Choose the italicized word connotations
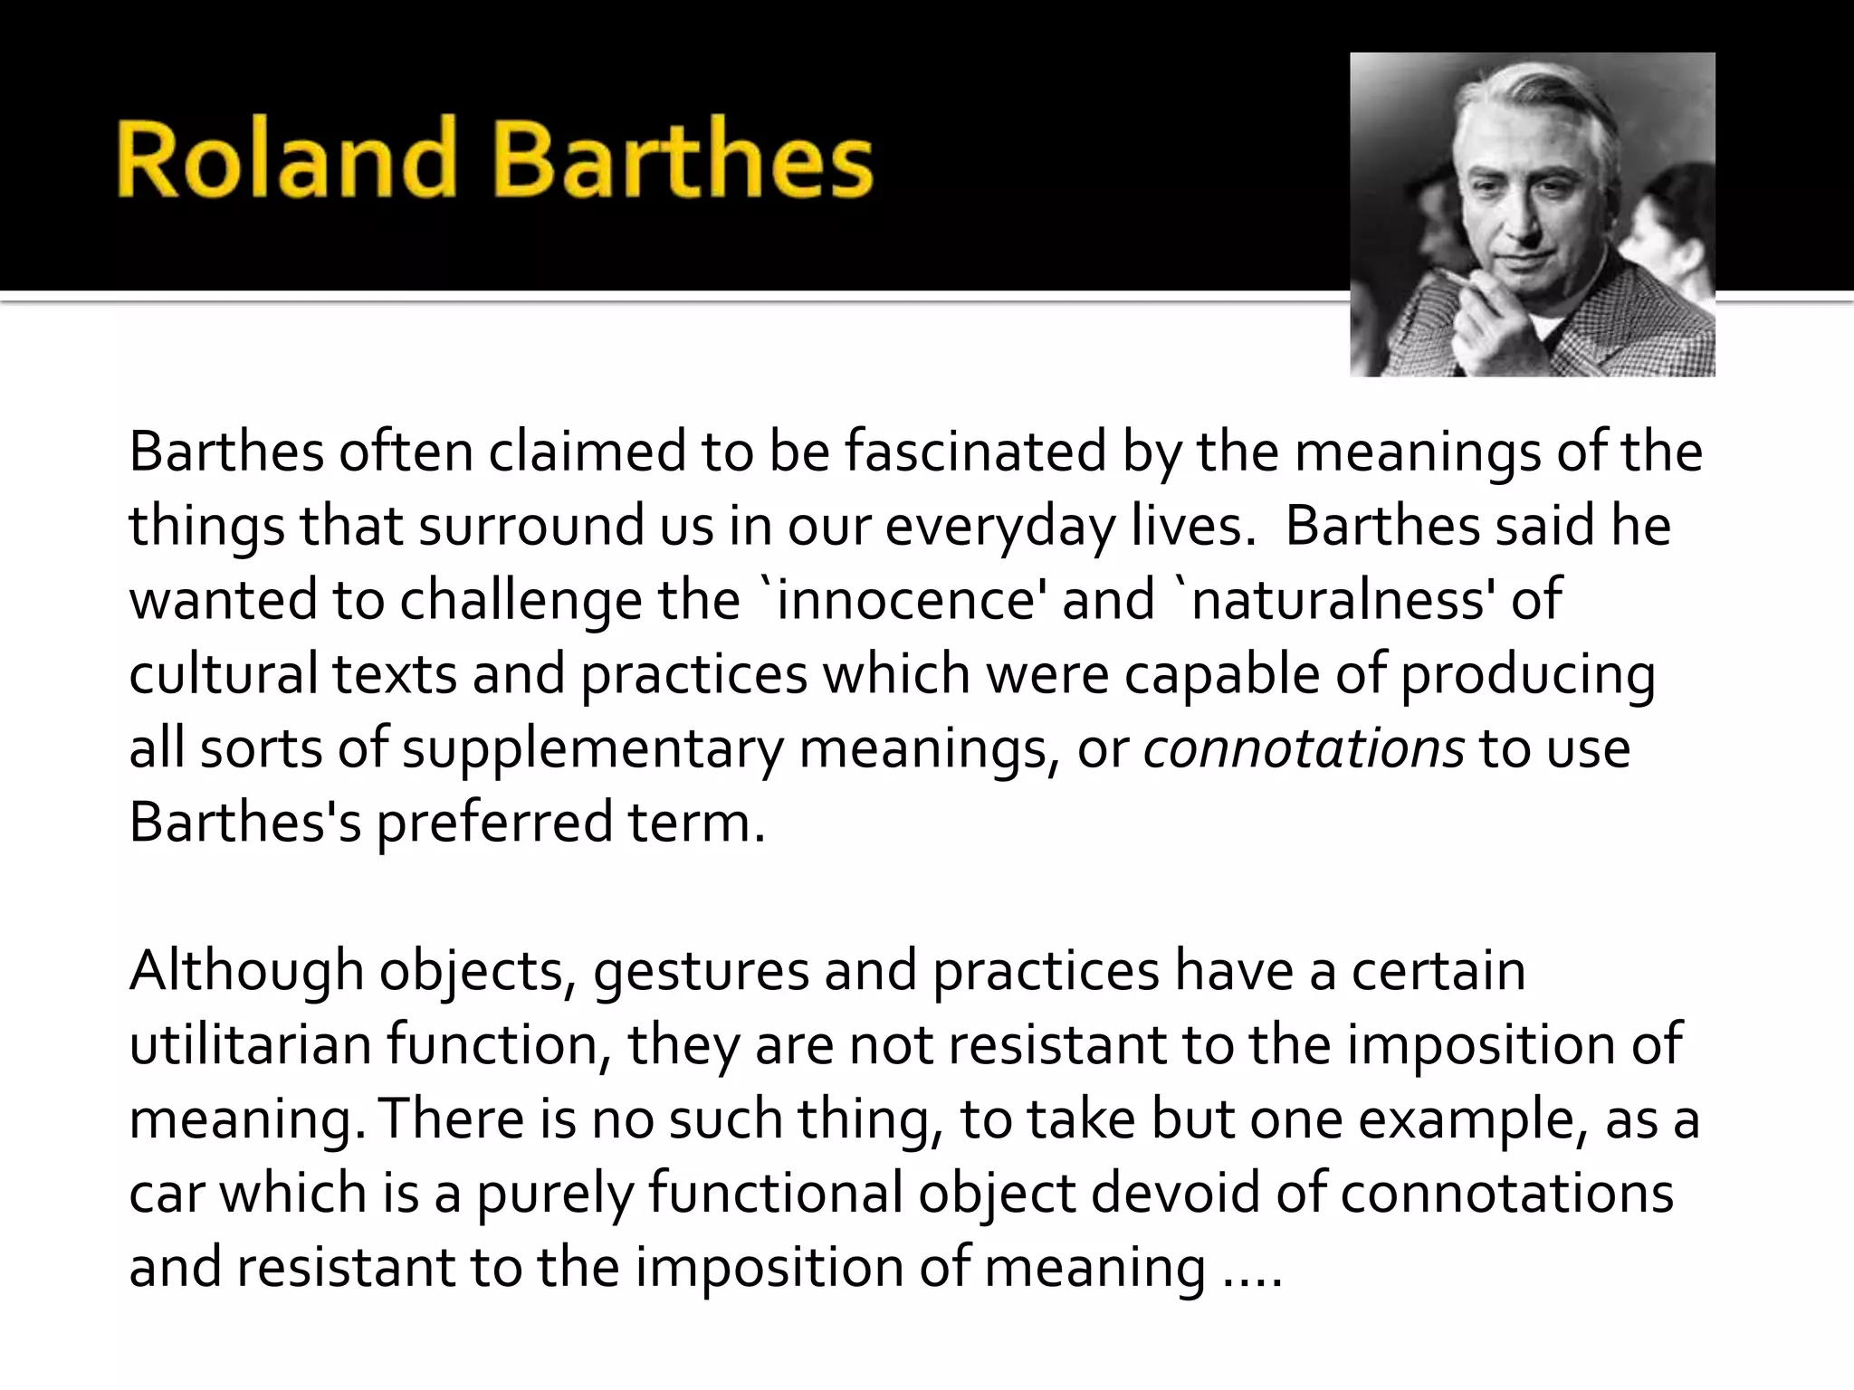1304,748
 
